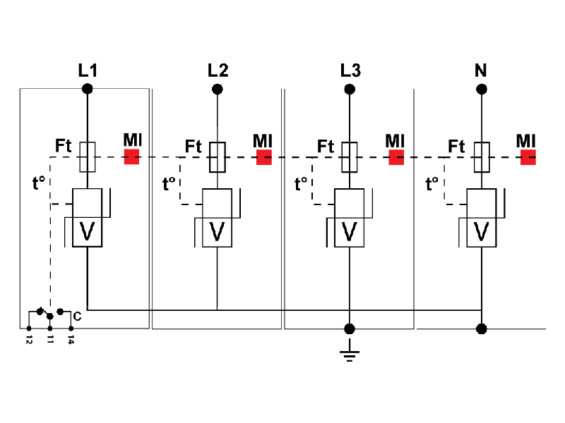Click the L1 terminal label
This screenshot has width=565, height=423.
pos(87,70)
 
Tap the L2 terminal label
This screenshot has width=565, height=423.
pos(218,70)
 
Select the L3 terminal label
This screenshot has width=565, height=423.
pos(349,70)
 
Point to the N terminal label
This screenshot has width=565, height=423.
pos(481,70)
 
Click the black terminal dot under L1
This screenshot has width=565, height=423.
pos(87,89)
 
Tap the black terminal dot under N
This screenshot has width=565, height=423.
pos(482,89)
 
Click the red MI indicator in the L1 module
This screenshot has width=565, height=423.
pos(131,157)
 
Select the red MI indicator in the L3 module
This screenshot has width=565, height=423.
pos(395,157)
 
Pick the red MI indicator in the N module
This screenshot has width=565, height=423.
pos(528,157)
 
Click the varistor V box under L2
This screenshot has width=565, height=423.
pos(218,231)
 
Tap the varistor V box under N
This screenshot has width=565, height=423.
pos(482,231)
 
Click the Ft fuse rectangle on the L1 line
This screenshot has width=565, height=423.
pos(87,157)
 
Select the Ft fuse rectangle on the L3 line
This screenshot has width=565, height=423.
pos(350,157)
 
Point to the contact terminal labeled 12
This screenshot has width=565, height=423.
pos(28,329)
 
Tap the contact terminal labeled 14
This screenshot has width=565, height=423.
pos(71,329)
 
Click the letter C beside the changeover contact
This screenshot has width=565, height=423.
pos(76,317)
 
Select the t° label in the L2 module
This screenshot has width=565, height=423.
pos(169,185)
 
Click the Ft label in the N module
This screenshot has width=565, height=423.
pos(456,147)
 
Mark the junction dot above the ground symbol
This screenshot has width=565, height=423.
pos(349,329)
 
